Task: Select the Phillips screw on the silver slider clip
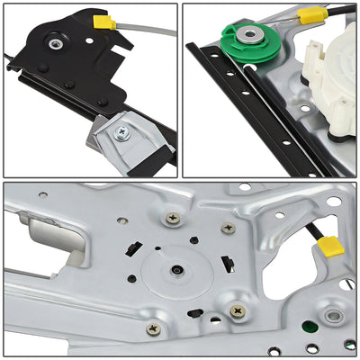[123, 132]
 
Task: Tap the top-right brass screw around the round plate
[229, 229]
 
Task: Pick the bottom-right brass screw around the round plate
[238, 310]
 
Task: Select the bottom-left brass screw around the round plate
[154, 329]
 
